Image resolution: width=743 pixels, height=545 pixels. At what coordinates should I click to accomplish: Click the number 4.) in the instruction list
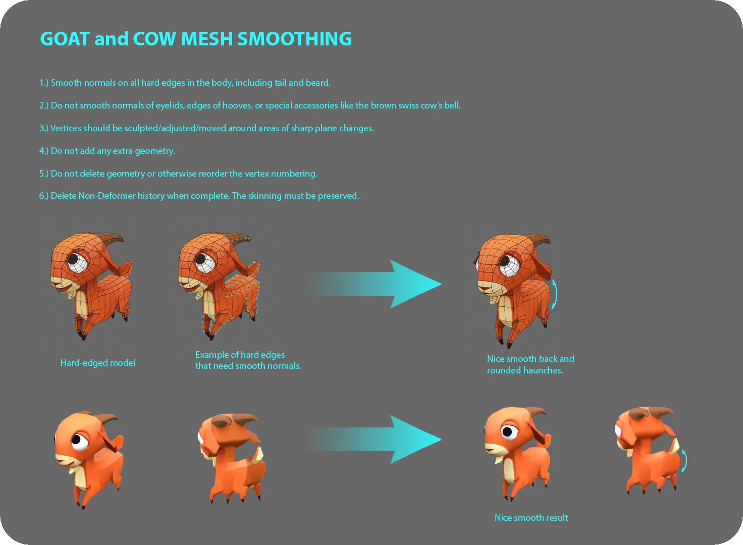coord(44,151)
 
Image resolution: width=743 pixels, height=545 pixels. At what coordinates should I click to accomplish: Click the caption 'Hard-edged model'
coord(97,363)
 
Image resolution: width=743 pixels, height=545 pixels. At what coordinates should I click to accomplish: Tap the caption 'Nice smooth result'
coord(531,518)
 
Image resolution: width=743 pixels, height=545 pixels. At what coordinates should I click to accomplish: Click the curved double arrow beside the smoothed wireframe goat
coord(554,294)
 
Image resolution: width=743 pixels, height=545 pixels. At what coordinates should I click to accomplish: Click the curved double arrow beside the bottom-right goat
coord(683,461)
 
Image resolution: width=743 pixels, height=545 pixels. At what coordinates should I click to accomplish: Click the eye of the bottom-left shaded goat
coord(78,440)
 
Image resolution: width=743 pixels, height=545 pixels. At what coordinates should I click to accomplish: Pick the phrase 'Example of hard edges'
coord(240,355)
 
